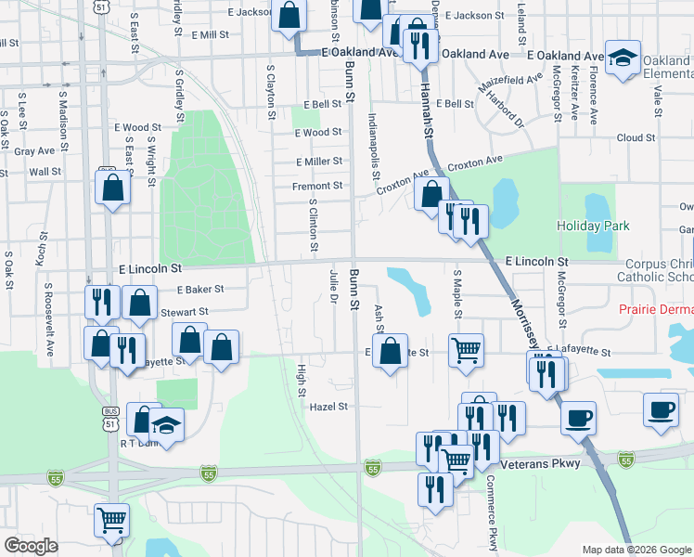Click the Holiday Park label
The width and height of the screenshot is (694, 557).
coord(593,226)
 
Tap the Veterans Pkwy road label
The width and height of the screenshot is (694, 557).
coord(540,463)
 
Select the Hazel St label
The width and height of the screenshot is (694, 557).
coord(328,407)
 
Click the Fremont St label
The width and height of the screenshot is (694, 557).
coord(318,186)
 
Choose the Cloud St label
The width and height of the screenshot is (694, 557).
coord(636,137)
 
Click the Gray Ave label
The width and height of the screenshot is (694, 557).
coord(34,150)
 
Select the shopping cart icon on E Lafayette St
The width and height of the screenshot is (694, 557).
coord(466,350)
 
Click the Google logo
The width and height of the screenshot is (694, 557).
coord(32,546)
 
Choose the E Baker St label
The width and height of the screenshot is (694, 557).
coord(195,290)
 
